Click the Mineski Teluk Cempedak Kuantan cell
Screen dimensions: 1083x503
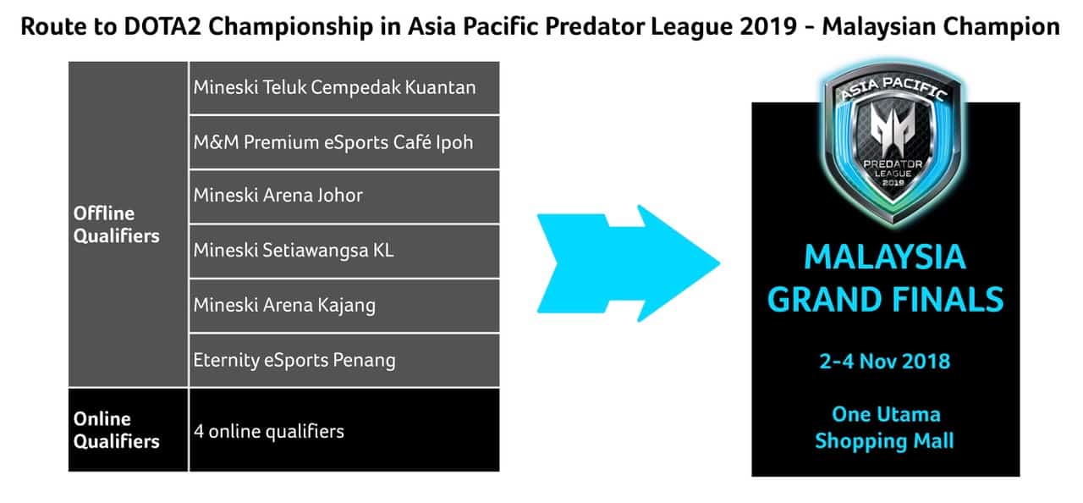(x=344, y=87)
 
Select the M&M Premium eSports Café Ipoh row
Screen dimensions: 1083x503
(x=344, y=142)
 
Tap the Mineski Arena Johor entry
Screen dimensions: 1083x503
(x=344, y=196)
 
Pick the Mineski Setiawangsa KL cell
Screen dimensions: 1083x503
(x=344, y=251)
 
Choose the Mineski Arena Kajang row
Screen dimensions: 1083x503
(x=344, y=306)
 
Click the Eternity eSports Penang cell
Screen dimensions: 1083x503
(x=344, y=361)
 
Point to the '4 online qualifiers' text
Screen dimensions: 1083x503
(x=269, y=431)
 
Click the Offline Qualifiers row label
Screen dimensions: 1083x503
(x=117, y=224)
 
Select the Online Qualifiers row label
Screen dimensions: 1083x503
(x=117, y=430)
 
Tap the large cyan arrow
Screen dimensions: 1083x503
(x=629, y=263)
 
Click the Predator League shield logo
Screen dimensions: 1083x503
(x=893, y=142)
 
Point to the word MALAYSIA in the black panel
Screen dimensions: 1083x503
(x=885, y=257)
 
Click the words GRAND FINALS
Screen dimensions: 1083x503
(x=885, y=300)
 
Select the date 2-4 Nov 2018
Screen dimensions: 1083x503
(x=885, y=362)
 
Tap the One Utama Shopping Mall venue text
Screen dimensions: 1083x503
(x=885, y=428)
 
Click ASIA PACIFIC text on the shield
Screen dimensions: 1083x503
(x=893, y=89)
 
